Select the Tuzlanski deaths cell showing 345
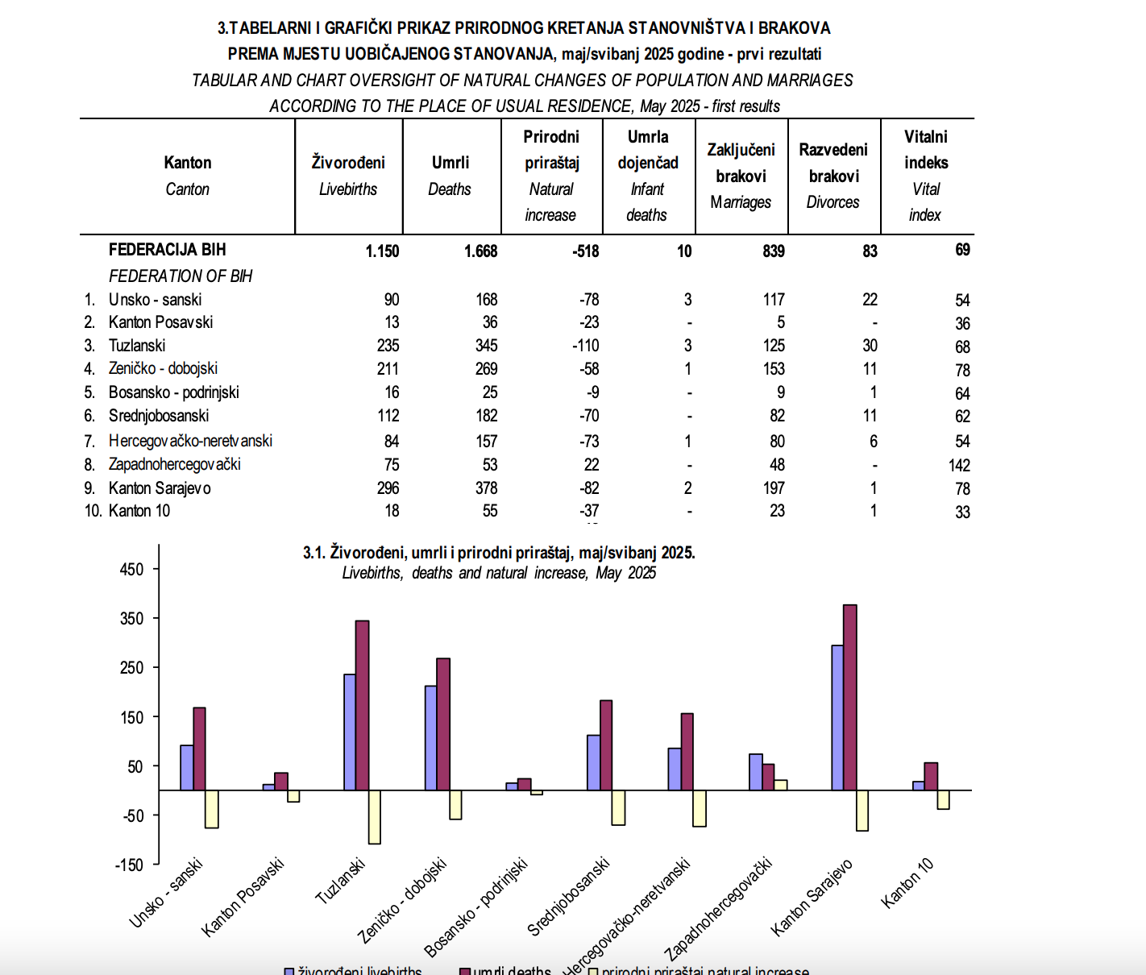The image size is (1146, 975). (x=486, y=346)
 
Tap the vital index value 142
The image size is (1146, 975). (x=959, y=465)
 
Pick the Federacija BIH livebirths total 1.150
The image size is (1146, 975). (x=382, y=251)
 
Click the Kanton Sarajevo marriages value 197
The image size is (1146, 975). (x=774, y=488)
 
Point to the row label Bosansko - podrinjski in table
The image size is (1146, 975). (x=173, y=392)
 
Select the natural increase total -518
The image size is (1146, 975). (x=585, y=251)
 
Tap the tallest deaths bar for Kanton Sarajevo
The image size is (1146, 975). (x=850, y=697)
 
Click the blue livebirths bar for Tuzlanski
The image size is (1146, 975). (x=350, y=732)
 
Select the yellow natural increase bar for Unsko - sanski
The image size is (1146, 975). (x=212, y=809)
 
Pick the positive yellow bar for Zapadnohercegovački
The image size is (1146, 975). (x=781, y=785)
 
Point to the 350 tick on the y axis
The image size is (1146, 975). (x=156, y=618)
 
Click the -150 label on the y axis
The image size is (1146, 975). (x=129, y=865)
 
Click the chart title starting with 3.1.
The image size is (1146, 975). (x=499, y=553)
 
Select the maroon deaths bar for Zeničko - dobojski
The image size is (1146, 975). (x=443, y=724)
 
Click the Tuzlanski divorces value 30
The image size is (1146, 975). (x=870, y=346)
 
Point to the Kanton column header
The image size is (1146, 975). (x=188, y=163)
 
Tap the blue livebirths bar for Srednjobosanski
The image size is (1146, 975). (x=593, y=763)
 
